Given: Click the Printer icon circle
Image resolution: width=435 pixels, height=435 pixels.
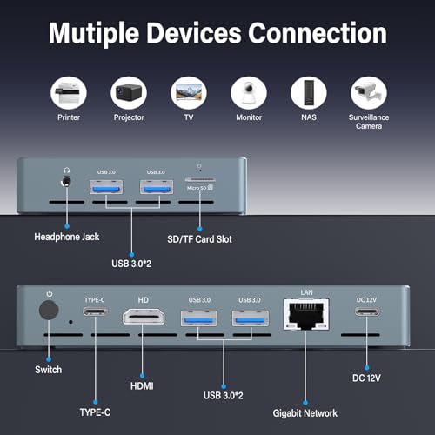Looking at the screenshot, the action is click(x=69, y=93).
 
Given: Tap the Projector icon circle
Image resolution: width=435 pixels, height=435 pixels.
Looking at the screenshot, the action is click(x=129, y=93).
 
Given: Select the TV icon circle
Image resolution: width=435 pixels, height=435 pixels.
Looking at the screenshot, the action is click(x=189, y=93).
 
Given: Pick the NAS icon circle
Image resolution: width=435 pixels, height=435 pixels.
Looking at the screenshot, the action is click(x=309, y=93).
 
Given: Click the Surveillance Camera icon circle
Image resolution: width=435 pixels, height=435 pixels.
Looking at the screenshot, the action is click(x=369, y=93).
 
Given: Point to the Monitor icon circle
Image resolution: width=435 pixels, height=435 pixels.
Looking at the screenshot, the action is click(x=249, y=93).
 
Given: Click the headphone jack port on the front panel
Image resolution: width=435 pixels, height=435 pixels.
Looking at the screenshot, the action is click(x=66, y=182).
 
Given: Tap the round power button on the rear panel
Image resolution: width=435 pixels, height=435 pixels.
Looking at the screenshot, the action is click(x=49, y=310).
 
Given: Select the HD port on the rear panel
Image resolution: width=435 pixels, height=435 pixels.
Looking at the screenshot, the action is click(x=144, y=317).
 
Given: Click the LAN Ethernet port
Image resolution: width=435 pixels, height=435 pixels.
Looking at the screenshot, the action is click(x=306, y=314).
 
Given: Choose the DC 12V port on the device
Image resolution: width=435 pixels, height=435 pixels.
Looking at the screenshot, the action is click(x=367, y=311).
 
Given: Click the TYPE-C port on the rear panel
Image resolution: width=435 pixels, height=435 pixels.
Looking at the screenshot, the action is click(x=95, y=311).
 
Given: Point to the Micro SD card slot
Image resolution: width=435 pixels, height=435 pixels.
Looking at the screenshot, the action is click(x=200, y=180).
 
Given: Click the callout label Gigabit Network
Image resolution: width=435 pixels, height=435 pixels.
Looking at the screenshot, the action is click(x=305, y=413).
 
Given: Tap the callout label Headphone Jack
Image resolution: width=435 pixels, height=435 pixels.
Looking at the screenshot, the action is click(x=67, y=237).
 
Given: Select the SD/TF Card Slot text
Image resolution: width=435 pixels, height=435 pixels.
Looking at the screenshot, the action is click(x=199, y=239).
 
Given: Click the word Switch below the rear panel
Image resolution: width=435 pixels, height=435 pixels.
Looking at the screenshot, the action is click(x=49, y=370).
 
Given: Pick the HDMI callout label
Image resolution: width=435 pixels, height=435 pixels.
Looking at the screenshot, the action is click(x=142, y=386).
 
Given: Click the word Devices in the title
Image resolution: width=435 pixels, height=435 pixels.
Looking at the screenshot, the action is click(x=194, y=33).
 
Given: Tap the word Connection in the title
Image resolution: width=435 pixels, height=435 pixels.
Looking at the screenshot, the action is click(x=318, y=33).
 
